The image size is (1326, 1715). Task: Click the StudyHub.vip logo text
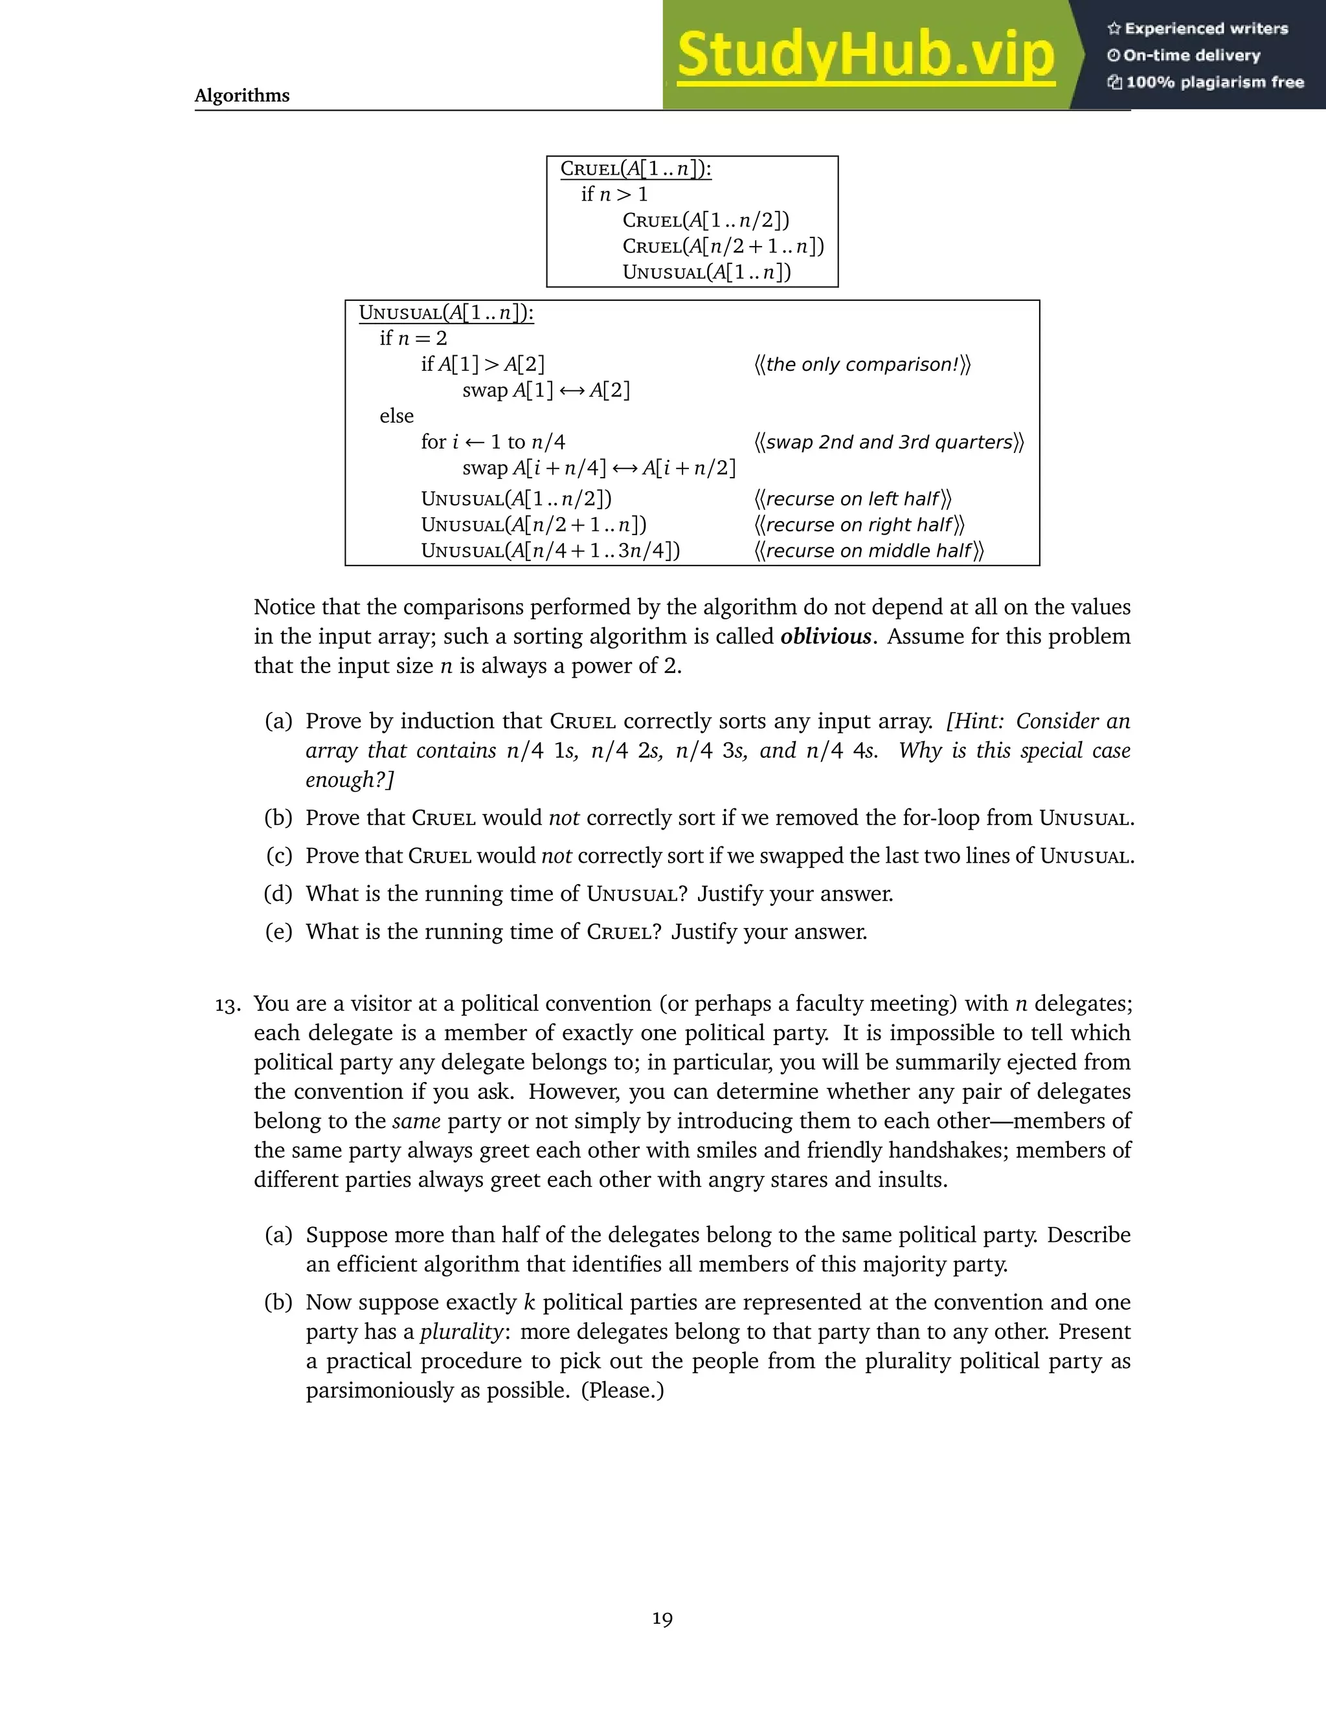(866, 55)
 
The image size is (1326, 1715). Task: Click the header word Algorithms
(242, 96)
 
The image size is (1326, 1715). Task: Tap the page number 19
(662, 1619)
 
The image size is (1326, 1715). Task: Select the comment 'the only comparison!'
(862, 364)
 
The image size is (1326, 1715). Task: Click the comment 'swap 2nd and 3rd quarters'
(888, 442)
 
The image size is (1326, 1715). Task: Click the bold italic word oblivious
(826, 636)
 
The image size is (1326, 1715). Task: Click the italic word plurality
(461, 1332)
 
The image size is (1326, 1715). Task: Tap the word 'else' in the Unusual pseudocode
(397, 416)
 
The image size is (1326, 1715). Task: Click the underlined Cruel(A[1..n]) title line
(636, 169)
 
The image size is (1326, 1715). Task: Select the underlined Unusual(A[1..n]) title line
(446, 313)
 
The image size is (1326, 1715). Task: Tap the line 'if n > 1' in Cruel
(614, 194)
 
